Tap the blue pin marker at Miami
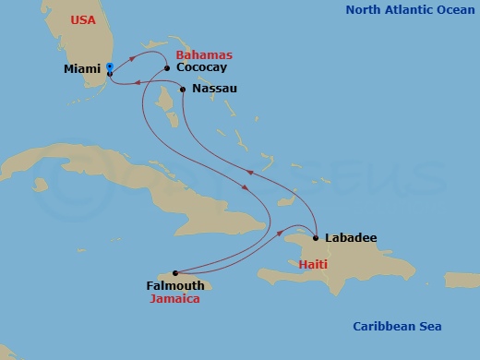pos(109,68)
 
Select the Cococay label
pos(200,67)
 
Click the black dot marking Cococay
pos(166,67)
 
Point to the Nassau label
pos(215,89)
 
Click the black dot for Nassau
pos(183,90)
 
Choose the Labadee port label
pos(350,238)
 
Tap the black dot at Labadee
pos(317,238)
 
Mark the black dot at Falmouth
pos(175,272)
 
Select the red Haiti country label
pos(312,264)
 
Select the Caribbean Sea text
pos(398,327)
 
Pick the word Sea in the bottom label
pos(430,327)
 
